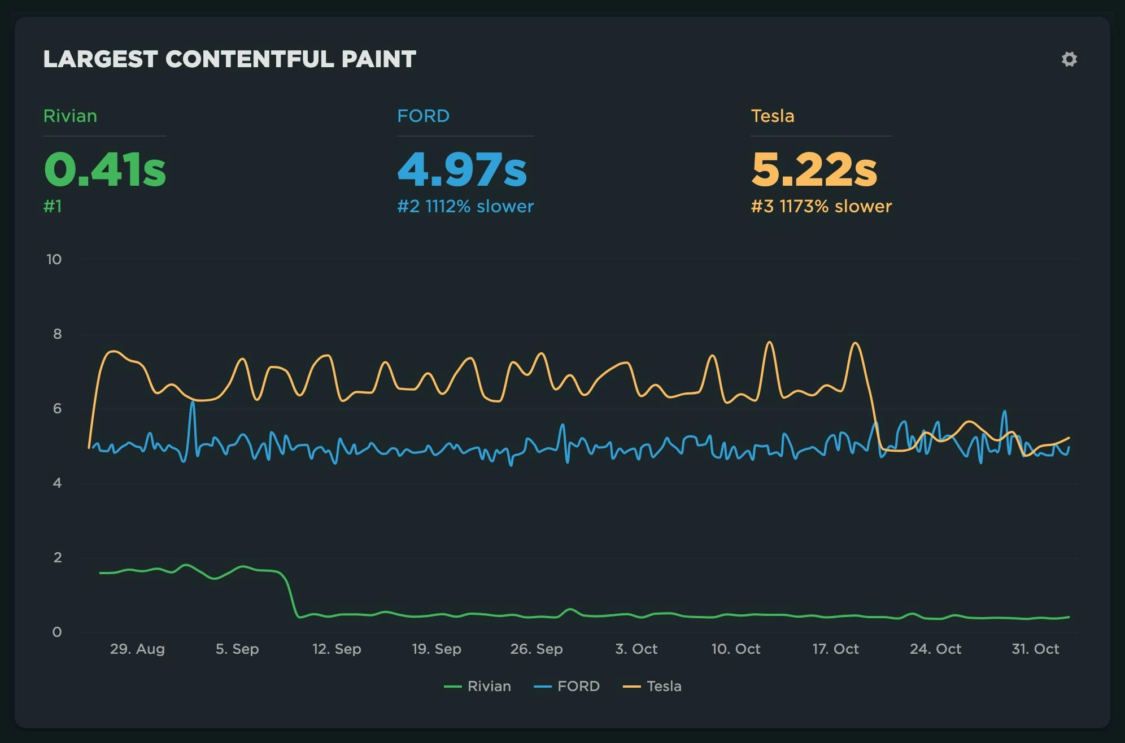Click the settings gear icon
pyautogui.click(x=1069, y=59)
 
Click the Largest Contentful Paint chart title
pyautogui.click(x=229, y=59)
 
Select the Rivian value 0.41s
pyautogui.click(x=105, y=169)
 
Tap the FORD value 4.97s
pyautogui.click(x=462, y=169)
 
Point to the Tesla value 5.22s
pyautogui.click(x=814, y=169)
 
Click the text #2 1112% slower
pyautogui.click(x=465, y=207)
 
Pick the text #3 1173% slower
pyautogui.click(x=821, y=207)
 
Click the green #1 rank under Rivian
pyautogui.click(x=53, y=207)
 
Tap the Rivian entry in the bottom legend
pyautogui.click(x=478, y=687)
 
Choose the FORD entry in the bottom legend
pyautogui.click(x=567, y=687)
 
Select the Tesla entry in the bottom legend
pyautogui.click(x=652, y=687)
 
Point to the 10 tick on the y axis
pyautogui.click(x=54, y=260)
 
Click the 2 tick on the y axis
pyautogui.click(x=57, y=558)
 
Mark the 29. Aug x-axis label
pyautogui.click(x=137, y=649)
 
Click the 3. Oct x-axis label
pyautogui.click(x=636, y=649)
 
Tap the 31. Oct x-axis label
pyautogui.click(x=1035, y=649)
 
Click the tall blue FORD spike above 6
pyautogui.click(x=193, y=403)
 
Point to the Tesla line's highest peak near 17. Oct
pyautogui.click(x=855, y=343)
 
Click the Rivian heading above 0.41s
pyautogui.click(x=70, y=116)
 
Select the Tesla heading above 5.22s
pyautogui.click(x=772, y=116)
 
